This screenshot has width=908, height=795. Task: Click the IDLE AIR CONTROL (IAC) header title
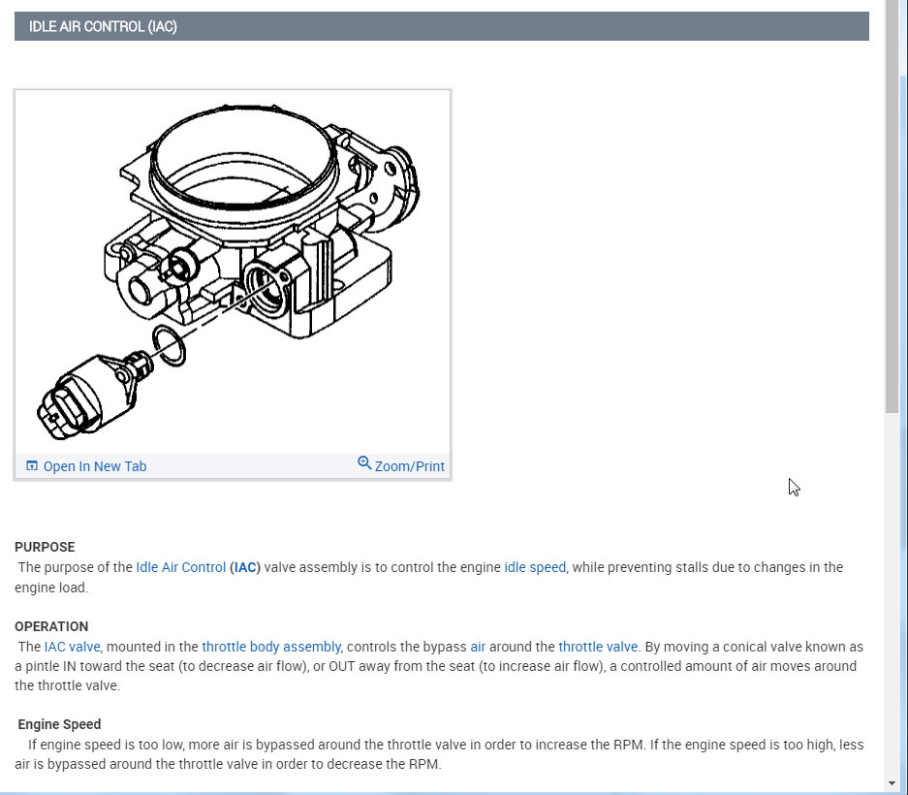click(x=103, y=26)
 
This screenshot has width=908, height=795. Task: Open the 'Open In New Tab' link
click(x=94, y=466)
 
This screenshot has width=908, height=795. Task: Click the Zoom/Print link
click(x=409, y=466)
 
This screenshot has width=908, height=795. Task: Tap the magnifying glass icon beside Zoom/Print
click(x=364, y=463)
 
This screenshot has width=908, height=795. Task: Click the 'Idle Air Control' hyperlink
click(x=180, y=567)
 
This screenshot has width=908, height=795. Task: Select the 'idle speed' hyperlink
click(x=535, y=567)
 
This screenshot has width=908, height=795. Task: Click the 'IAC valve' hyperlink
click(x=72, y=647)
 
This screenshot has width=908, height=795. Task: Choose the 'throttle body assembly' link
click(x=271, y=647)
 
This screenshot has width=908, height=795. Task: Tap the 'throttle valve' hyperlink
click(x=598, y=647)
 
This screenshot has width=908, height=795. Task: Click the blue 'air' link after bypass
click(x=478, y=647)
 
